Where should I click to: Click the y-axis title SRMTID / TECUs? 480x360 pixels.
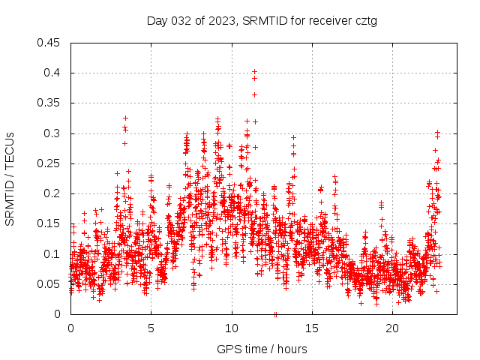(x=10, y=178)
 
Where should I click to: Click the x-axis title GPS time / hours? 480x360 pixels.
(x=262, y=349)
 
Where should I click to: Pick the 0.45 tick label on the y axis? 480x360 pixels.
(x=49, y=43)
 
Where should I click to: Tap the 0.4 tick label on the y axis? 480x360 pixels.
(x=52, y=73)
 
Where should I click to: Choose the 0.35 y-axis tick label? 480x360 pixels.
(x=49, y=103)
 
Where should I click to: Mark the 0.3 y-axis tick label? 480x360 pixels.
(x=52, y=133)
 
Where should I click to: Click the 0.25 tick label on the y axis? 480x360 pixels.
(x=49, y=163)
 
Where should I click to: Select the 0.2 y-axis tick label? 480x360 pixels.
(x=52, y=193)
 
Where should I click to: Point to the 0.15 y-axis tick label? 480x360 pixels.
(x=49, y=223)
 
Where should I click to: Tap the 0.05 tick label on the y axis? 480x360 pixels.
(x=49, y=284)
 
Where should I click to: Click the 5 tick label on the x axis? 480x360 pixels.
(x=151, y=328)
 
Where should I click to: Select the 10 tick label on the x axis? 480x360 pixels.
(x=232, y=328)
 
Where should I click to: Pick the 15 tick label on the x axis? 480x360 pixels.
(x=312, y=328)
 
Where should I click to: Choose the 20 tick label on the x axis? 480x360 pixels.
(x=392, y=328)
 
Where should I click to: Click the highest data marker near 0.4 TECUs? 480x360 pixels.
(x=254, y=71)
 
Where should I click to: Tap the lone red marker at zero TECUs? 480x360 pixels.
(x=275, y=313)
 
